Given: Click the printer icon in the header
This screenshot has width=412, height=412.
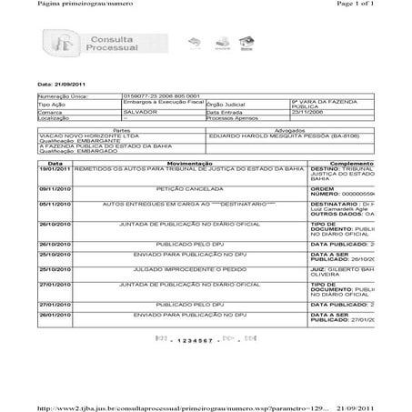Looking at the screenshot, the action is click(x=219, y=43).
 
